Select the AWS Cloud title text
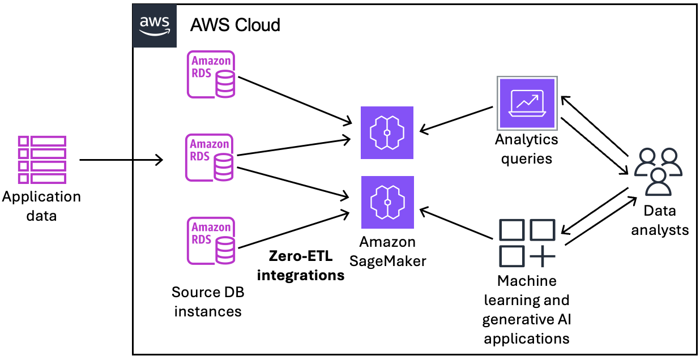coord(235,25)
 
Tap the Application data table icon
coord(42,160)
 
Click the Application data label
coord(41,206)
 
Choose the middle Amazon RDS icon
coord(211,157)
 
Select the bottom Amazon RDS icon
coord(211,241)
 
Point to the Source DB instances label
coord(208,302)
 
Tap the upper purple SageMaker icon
coord(387,132)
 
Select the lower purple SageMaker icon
coord(387,202)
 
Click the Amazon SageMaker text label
coord(387,251)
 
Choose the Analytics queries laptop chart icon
coord(527,102)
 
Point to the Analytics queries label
coord(527,149)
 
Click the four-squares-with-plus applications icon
coord(527,243)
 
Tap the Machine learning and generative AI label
coord(527,309)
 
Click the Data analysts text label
coord(660,220)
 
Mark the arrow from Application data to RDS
coord(121,160)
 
